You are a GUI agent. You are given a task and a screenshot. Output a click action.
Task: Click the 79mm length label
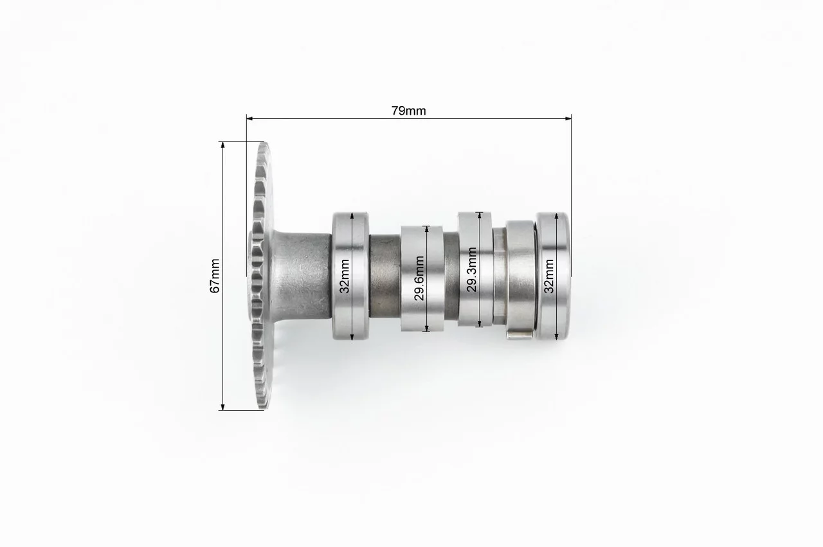coord(408,111)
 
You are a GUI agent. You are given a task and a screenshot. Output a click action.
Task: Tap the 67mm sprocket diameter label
coord(215,276)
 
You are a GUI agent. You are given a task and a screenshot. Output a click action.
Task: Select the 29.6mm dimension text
coord(419,278)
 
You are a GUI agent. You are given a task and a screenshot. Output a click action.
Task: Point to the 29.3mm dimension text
coord(472,269)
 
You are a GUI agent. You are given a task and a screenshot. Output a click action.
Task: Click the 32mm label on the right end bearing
coord(549,276)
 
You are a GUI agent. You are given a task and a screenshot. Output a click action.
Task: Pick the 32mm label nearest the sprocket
coord(345,276)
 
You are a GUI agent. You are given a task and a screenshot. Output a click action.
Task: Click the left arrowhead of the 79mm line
coord(249,118)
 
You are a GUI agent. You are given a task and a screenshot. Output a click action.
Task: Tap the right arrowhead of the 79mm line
coord(568,118)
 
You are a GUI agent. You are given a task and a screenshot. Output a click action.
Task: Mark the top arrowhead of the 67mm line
coord(222,145)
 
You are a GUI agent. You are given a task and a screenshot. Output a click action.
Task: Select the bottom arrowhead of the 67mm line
coord(222,407)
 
